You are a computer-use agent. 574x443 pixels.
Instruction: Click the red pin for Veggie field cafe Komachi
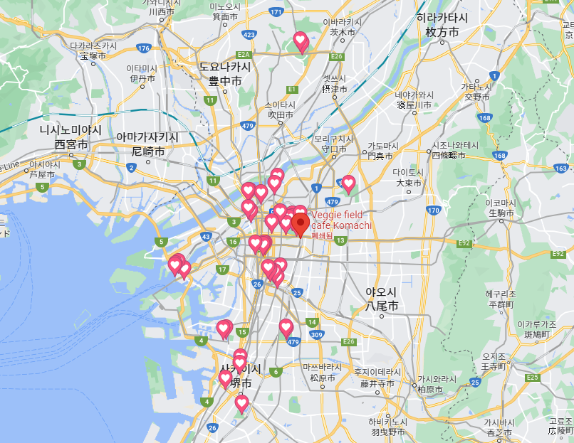(300, 224)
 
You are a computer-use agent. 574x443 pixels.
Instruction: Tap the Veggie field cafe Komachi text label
(341, 220)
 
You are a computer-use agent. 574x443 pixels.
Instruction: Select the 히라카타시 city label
(442, 26)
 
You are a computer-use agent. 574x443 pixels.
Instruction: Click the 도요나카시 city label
(224, 73)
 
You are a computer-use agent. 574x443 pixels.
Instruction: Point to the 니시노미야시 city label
(71, 137)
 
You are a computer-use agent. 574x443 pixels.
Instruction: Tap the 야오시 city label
(381, 299)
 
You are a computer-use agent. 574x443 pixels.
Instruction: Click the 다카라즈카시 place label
(93, 49)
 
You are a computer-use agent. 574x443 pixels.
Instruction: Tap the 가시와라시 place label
(432, 384)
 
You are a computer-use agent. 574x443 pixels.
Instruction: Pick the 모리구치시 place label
(333, 144)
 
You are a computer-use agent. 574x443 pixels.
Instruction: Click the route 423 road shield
(249, 34)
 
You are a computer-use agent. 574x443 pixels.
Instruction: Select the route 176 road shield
(145, 48)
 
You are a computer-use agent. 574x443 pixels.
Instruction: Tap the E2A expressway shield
(244, 54)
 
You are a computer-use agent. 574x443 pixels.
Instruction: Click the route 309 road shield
(318, 334)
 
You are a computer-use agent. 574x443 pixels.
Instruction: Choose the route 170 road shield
(434, 210)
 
